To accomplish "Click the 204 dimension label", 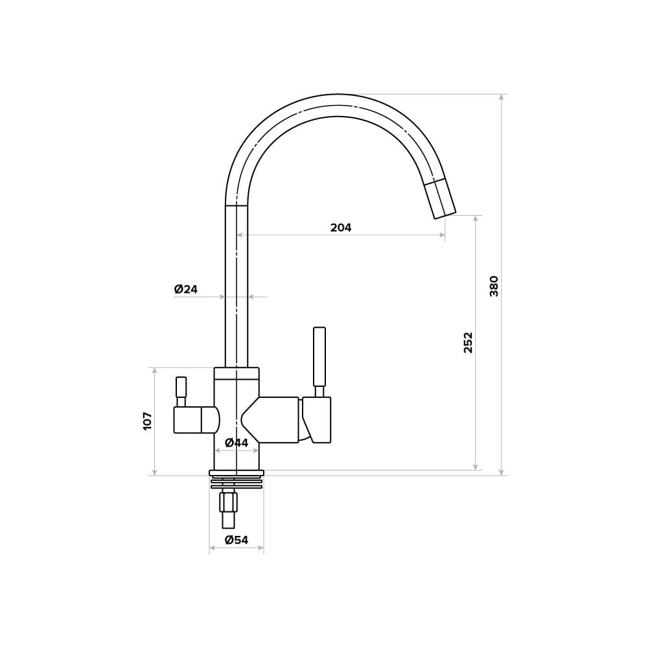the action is (341, 227).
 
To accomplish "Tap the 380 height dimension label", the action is (494, 286).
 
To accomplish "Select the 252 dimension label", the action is (467, 342).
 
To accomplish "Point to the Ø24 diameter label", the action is (185, 289).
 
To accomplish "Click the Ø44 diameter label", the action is (237, 443).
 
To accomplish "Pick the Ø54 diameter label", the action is (237, 540).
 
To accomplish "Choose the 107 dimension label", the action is (148, 421).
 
